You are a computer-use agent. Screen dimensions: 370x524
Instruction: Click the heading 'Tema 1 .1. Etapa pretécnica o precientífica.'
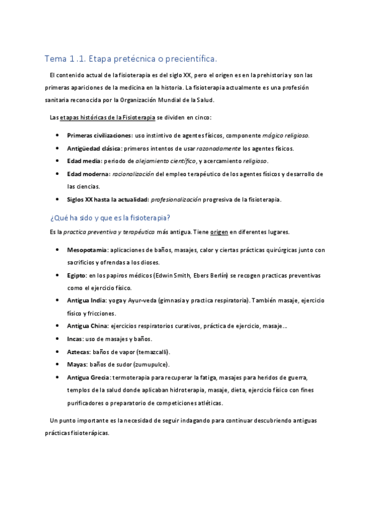point(130,59)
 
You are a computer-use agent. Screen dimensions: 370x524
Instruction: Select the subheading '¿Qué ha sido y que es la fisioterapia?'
point(109,218)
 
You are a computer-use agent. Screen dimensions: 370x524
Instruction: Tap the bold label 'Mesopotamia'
point(86,250)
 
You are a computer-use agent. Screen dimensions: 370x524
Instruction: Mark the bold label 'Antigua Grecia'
point(89,377)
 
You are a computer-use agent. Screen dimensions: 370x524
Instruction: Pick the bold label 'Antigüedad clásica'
point(94,148)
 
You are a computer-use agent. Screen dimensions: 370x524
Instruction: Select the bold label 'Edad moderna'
point(87,174)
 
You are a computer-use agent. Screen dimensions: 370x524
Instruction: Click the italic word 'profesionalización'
point(175,200)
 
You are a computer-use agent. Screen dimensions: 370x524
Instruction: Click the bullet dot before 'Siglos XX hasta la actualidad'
point(57,200)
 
